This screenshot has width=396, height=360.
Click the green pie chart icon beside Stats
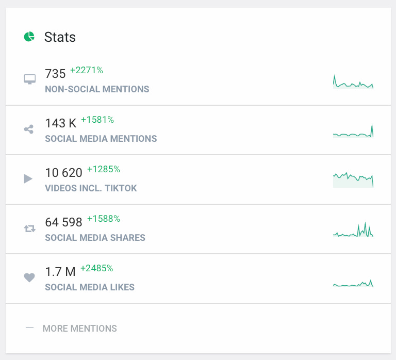coord(29,37)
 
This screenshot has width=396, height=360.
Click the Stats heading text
coord(60,37)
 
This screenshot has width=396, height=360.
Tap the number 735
coord(55,74)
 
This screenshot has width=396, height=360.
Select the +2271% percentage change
coord(87,70)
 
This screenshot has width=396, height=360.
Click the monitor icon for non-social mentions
coord(30,79)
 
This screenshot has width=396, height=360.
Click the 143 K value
coord(60,123)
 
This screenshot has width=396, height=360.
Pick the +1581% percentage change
coord(97,120)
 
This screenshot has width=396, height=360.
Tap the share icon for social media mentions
coord(29,129)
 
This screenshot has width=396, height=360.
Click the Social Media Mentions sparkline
coord(353,133)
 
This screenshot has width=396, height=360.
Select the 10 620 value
coord(63,173)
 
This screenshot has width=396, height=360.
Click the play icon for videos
coord(28,178)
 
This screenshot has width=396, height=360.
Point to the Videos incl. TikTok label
coord(91,188)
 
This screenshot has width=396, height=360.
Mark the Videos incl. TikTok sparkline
coord(353,179)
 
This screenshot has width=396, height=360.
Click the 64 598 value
coord(63,222)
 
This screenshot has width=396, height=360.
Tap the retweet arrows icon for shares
coord(29,228)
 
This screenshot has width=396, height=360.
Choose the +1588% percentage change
coord(103,219)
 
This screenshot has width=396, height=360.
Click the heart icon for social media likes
coord(29,277)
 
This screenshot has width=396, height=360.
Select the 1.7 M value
coord(60,272)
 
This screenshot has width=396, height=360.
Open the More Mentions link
coord(79,329)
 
